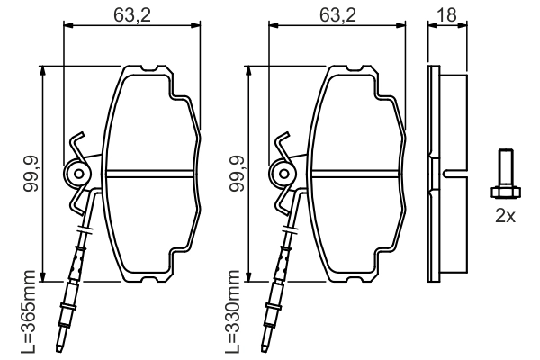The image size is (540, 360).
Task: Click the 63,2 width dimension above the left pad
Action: [132, 14]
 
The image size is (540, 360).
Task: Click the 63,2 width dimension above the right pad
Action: [338, 14]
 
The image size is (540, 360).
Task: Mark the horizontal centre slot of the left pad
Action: [150, 173]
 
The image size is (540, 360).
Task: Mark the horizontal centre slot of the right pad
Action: [356, 173]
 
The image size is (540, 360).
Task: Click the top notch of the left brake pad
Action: [151, 70]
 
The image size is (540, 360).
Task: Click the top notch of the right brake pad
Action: [357, 70]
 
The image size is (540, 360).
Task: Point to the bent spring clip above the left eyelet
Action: [77, 143]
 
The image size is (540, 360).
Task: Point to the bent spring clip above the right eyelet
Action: [283, 143]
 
